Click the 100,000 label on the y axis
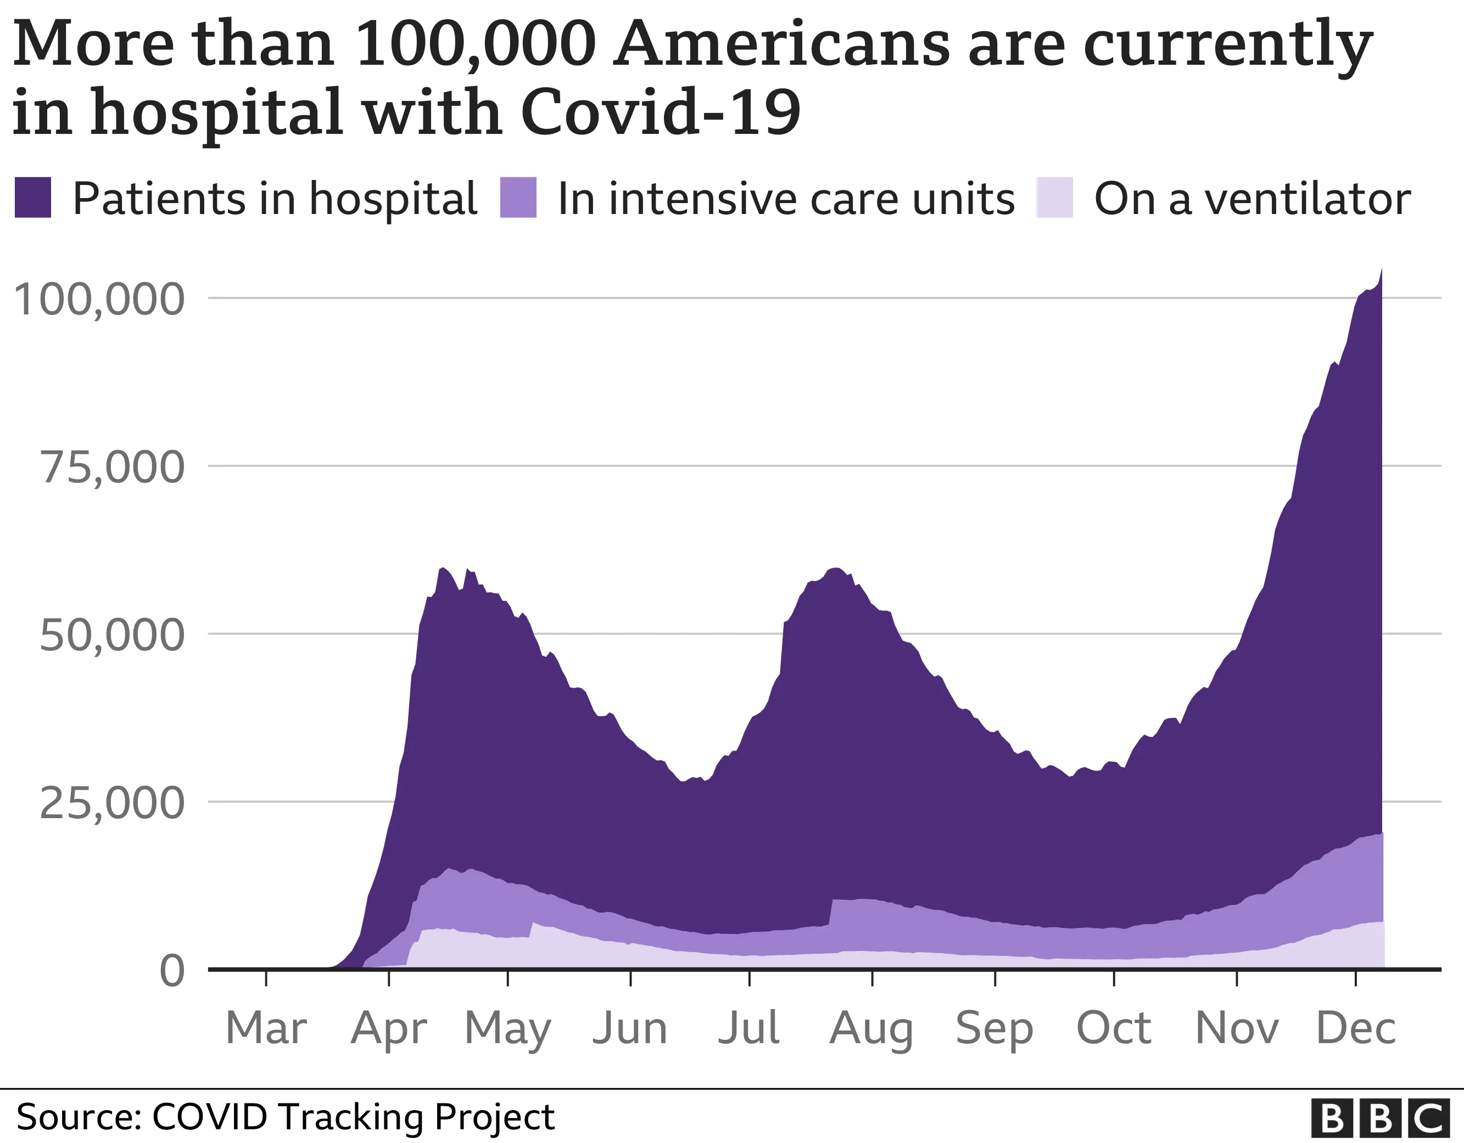[98, 299]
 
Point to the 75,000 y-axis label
[112, 467]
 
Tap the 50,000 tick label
[112, 635]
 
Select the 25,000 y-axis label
[112, 803]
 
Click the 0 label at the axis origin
[172, 971]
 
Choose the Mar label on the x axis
[266, 1028]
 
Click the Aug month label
[871, 1029]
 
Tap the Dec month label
[1355, 1028]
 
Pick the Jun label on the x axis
[630, 1028]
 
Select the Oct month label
[1114, 1028]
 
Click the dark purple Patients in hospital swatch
[33, 198]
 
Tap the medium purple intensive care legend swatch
[518, 198]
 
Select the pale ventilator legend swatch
[1054, 198]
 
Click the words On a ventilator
[1252, 199]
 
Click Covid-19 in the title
[660, 112]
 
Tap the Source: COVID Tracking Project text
[285, 1117]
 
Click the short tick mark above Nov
[1237, 979]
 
